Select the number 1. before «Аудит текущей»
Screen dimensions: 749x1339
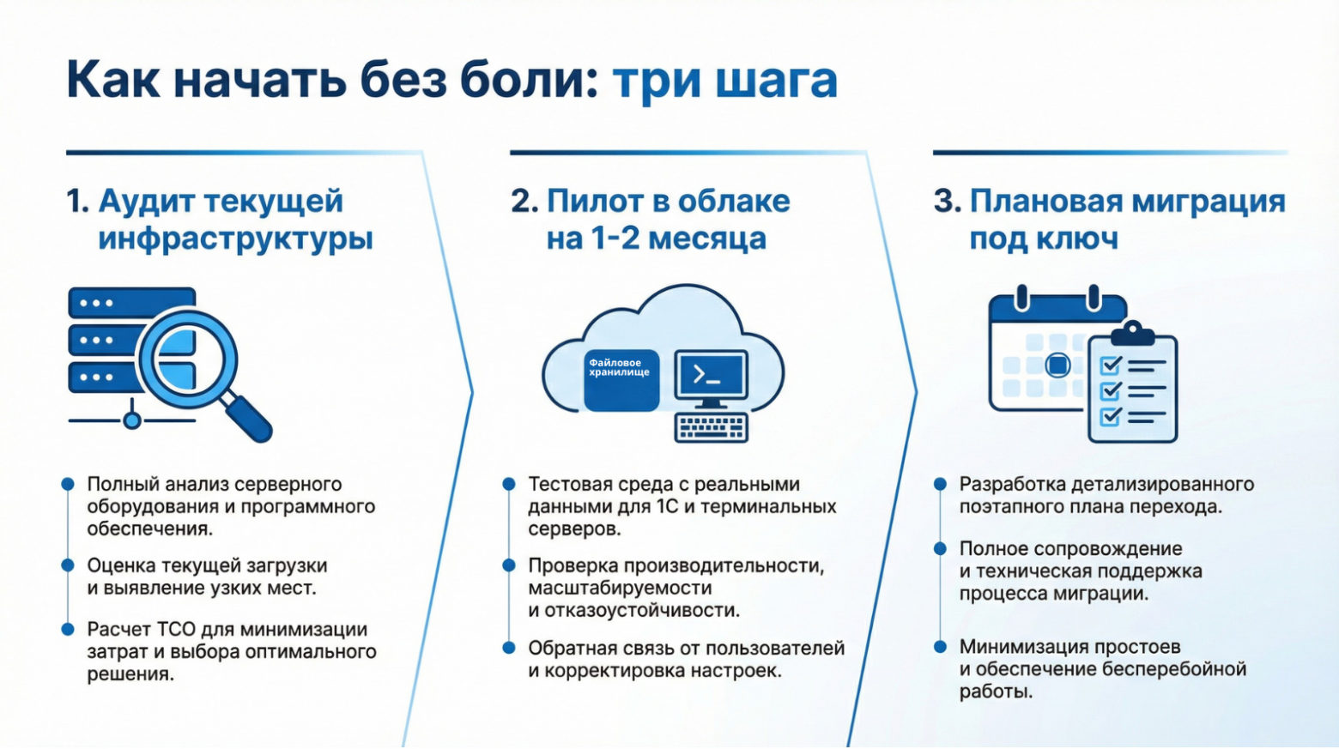click(77, 201)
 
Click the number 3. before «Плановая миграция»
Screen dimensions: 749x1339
click(947, 201)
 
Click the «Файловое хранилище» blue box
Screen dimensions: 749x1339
click(621, 379)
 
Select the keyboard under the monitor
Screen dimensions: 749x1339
click(711, 427)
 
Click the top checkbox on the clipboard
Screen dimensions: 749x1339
click(1111, 365)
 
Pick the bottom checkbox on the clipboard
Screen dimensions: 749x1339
click(1111, 417)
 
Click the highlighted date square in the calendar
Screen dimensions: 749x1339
click(1057, 365)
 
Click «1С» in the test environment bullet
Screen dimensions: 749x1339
click(667, 507)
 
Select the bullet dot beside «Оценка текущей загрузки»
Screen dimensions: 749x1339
click(68, 565)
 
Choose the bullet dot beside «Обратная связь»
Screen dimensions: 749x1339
click(509, 648)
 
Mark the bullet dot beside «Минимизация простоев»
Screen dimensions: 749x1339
click(940, 646)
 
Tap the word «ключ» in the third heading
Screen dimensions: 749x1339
click(1080, 239)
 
